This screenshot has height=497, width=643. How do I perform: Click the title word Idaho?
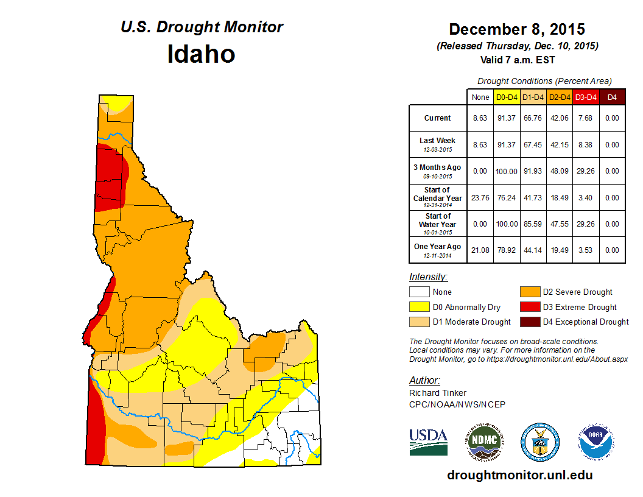pyautogui.click(x=201, y=54)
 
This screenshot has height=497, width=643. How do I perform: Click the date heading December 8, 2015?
pyautogui.click(x=517, y=29)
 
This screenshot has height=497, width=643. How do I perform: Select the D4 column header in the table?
pyautogui.click(x=612, y=97)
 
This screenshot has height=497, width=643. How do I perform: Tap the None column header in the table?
pyautogui.click(x=480, y=97)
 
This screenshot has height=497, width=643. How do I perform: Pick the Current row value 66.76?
pyautogui.click(x=533, y=118)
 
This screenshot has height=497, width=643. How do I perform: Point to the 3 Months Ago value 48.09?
pyautogui.click(x=560, y=171)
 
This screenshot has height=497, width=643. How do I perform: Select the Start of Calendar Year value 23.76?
pyautogui.click(x=480, y=198)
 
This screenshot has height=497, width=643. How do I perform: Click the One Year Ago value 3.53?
pyautogui.click(x=586, y=250)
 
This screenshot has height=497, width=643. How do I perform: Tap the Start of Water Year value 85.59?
pyautogui.click(x=533, y=224)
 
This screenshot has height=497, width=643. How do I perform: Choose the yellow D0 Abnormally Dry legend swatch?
pyautogui.click(x=420, y=307)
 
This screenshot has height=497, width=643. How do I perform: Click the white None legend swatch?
pyautogui.click(x=420, y=292)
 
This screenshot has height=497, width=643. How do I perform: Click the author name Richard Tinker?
pyautogui.click(x=438, y=393)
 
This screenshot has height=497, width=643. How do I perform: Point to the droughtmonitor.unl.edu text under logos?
pyautogui.click(x=519, y=475)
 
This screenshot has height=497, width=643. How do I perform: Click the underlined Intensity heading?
pyautogui.click(x=428, y=277)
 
